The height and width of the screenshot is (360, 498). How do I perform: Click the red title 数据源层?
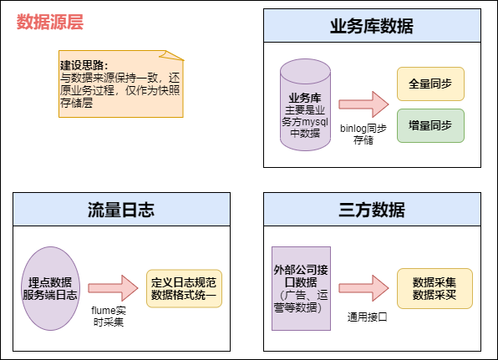[51, 23]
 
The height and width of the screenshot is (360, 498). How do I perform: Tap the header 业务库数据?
[372, 26]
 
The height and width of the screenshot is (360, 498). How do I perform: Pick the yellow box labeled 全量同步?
[430, 84]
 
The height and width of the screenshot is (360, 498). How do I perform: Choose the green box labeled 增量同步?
[430, 125]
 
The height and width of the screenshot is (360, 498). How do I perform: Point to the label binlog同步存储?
[363, 134]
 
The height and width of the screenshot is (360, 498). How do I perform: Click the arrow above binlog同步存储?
[363, 104]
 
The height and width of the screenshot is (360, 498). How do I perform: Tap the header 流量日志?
[121, 209]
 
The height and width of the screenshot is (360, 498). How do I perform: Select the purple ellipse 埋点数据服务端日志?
[51, 287]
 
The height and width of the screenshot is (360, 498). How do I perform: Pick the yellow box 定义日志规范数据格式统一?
[185, 288]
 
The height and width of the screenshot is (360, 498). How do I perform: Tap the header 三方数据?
[372, 209]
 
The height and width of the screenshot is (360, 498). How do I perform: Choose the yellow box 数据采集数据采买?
[434, 288]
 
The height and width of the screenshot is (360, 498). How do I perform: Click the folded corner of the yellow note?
[175, 56]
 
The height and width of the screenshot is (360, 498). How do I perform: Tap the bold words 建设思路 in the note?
[84, 64]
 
